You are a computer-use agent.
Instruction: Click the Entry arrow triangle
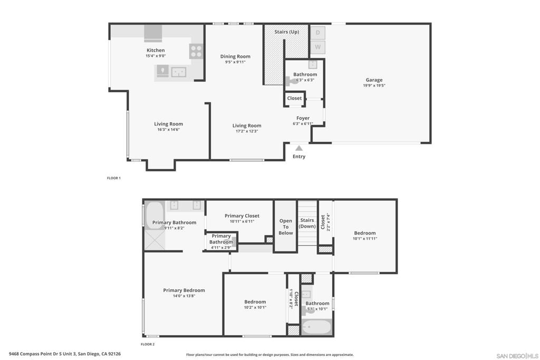(299, 149)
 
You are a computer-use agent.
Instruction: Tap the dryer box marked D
(317, 33)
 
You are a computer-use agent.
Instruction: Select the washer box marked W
(317, 47)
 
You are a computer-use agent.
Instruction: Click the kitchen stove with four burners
(196, 51)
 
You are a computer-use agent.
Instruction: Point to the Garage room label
(374, 80)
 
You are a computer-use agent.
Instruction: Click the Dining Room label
(235, 56)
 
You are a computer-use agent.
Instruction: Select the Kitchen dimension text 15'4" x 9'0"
(156, 56)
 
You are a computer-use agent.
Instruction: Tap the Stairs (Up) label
(286, 32)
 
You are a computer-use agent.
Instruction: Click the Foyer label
(303, 118)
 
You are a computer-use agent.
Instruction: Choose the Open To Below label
(285, 227)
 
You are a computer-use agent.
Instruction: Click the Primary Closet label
(242, 216)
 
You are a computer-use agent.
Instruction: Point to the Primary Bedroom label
(184, 290)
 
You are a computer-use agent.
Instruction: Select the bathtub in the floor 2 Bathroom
(316, 327)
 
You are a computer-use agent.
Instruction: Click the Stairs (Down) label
(307, 223)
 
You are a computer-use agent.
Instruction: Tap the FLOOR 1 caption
(114, 178)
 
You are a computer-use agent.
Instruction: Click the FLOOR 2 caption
(148, 344)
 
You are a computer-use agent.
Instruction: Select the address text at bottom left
(65, 354)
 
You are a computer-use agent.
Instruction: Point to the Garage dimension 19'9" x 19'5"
(374, 85)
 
